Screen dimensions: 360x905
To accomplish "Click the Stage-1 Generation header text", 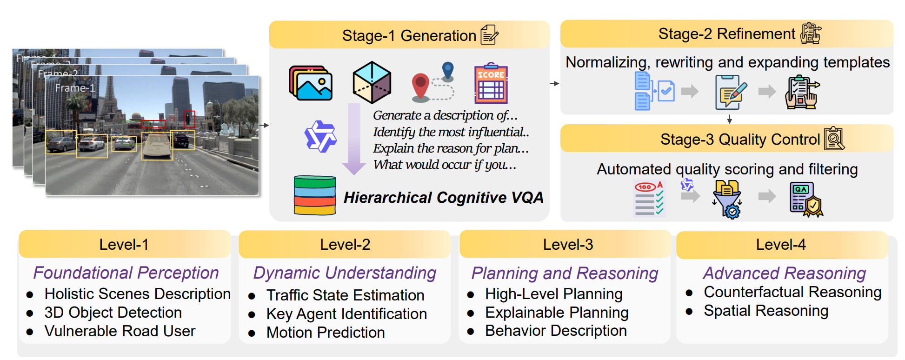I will pyautogui.click(x=409, y=35).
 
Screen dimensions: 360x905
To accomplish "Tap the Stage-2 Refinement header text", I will pyautogui.click(x=726, y=33).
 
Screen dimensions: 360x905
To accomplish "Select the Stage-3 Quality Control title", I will pyautogui.click(x=739, y=139).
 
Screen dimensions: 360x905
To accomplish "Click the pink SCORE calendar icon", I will pyautogui.click(x=491, y=84).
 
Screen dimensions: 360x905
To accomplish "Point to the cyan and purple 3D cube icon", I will pyautogui.click(x=372, y=82).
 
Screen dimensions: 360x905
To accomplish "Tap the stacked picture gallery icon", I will pyautogui.click(x=311, y=83).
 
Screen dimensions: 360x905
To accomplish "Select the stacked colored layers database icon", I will pyautogui.click(x=315, y=195).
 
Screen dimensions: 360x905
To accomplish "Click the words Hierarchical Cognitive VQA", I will pyautogui.click(x=443, y=198).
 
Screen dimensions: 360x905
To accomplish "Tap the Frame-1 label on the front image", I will pyautogui.click(x=75, y=88).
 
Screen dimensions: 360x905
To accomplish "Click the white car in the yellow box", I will pyautogui.click(x=157, y=145).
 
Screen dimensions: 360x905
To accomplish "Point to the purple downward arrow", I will pyautogui.click(x=354, y=139).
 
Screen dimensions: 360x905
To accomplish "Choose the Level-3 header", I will pyautogui.click(x=568, y=244).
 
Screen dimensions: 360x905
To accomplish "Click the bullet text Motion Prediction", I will pyautogui.click(x=326, y=332).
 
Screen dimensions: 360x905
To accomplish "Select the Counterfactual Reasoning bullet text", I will pyautogui.click(x=792, y=292).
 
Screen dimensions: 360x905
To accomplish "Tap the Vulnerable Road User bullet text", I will pyautogui.click(x=120, y=331).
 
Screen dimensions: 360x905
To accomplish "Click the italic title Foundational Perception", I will pyautogui.click(x=126, y=273).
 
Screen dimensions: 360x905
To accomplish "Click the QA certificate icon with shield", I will pyautogui.click(x=805, y=200).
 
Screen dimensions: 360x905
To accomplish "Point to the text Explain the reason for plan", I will pyautogui.click(x=450, y=148).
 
